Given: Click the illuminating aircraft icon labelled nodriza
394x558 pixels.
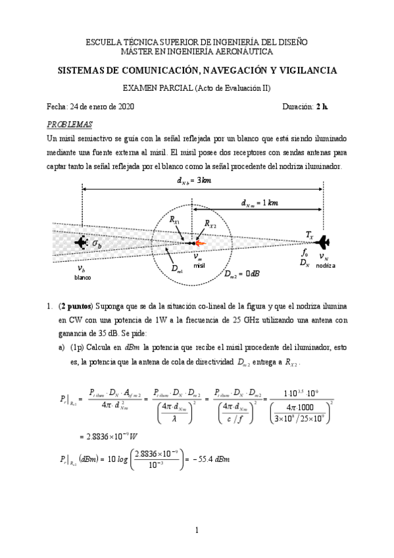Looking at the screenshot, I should tap(322, 243).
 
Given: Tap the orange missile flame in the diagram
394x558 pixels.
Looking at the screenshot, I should tap(201, 243).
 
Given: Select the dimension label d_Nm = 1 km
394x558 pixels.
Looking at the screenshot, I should tap(259, 203).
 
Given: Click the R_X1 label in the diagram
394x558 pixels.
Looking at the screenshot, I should tap(175, 222).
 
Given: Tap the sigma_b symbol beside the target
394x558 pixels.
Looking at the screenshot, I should tap(97, 244).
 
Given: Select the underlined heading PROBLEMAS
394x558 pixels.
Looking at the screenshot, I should tap(70, 124).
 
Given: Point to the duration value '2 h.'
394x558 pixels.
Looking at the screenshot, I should tap(321, 107).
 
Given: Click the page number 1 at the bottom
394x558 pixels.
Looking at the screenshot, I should tap(196, 530).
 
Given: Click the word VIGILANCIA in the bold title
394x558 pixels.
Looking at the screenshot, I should tap(305, 70).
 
